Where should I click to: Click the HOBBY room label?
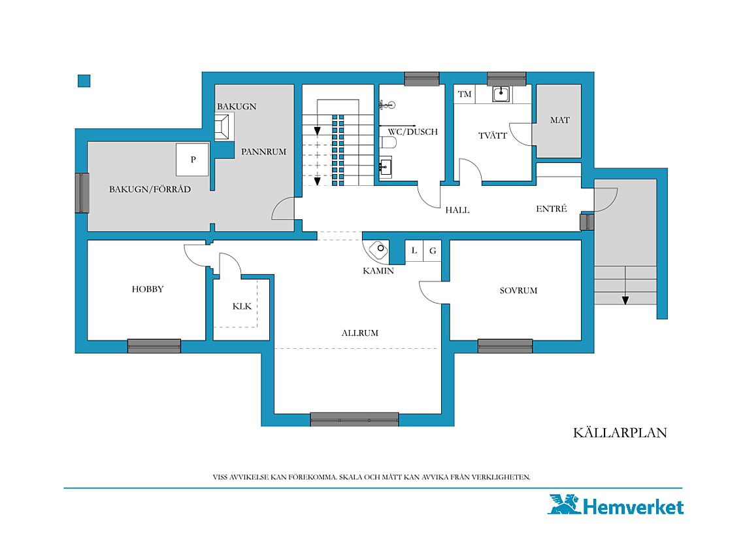point(148,289)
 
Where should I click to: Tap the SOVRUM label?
point(518,291)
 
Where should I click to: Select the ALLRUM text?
point(359,332)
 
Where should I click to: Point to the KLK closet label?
point(242,306)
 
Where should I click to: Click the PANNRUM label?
point(264,151)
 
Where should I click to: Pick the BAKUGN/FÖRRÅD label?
point(150,189)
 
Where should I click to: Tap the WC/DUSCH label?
point(413,132)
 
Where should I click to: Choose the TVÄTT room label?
point(493,135)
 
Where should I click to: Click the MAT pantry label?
point(559,120)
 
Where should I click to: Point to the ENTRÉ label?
point(552,209)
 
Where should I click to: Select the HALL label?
point(457,210)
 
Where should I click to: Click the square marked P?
point(192,160)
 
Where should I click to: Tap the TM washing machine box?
point(465,94)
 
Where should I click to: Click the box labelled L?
point(414,251)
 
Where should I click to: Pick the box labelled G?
point(433,251)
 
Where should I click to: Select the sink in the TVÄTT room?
point(501,94)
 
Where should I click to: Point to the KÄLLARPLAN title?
point(620,433)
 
